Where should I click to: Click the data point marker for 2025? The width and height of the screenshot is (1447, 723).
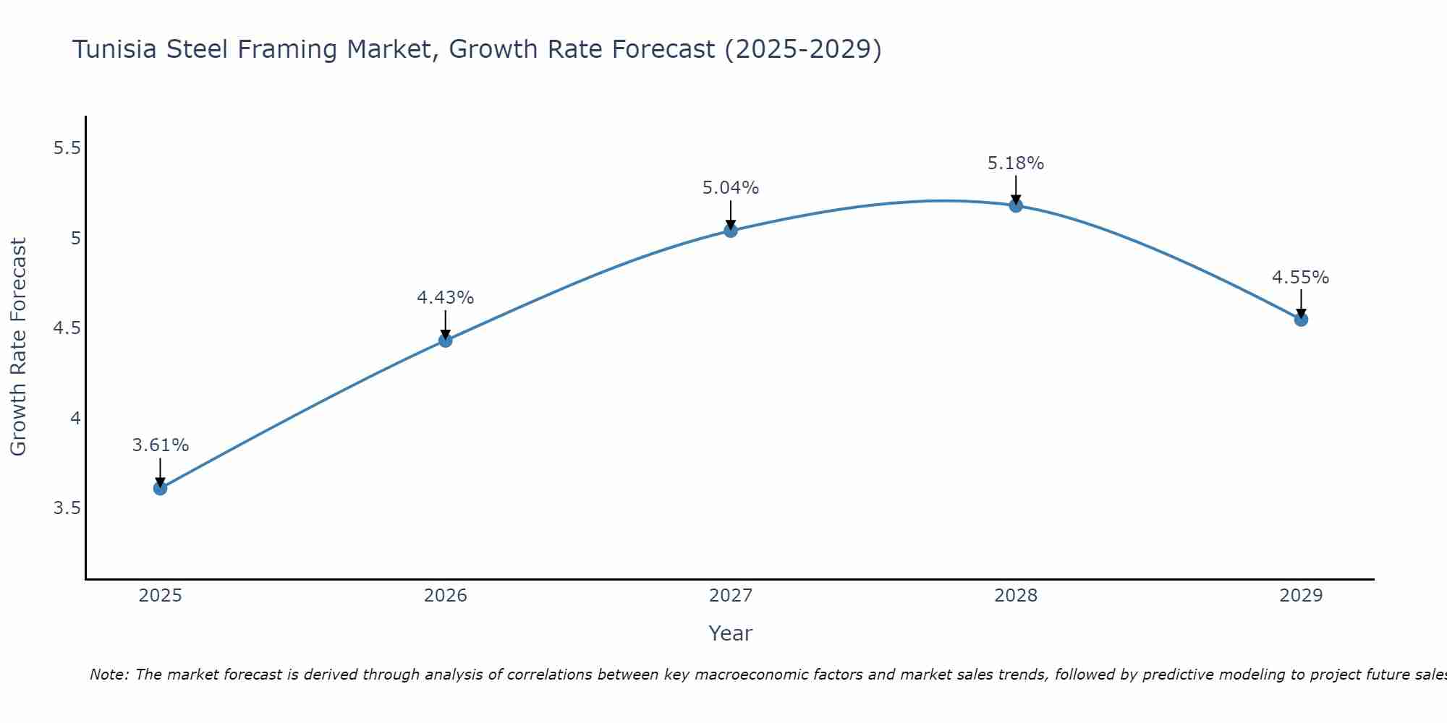160,488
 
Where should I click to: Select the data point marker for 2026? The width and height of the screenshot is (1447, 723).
445,340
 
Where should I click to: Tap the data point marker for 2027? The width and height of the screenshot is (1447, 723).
731,231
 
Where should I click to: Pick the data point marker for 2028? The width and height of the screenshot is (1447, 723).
1016,205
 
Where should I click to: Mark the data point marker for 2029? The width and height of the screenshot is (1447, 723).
1301,319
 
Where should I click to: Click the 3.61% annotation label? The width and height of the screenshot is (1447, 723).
160,445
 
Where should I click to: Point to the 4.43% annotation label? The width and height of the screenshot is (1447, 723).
445,297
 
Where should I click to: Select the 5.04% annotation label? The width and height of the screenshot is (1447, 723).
731,188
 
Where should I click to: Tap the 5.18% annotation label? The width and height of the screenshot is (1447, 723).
1016,163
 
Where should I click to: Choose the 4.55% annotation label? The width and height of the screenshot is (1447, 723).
1301,278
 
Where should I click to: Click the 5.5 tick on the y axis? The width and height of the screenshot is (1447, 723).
67,148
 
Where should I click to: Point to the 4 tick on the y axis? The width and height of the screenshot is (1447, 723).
75,419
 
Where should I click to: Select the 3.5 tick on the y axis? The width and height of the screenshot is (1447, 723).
67,508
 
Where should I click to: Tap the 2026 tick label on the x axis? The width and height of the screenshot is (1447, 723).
445,596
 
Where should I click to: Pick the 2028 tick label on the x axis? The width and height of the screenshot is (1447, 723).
1016,596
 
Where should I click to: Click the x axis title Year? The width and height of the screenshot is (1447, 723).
731,633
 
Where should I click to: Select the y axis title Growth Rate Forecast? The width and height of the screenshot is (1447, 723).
18,347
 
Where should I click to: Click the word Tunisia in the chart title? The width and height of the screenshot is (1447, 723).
115,49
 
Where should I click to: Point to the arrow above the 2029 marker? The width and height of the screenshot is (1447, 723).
1301,304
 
